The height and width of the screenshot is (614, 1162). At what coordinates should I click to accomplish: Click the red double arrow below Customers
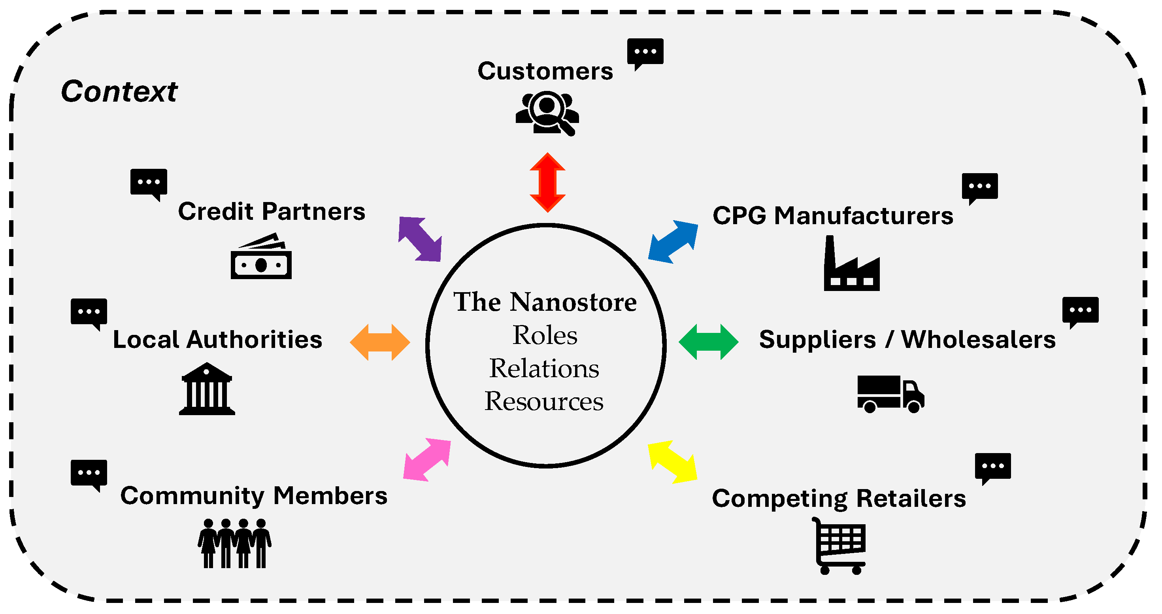coord(547,182)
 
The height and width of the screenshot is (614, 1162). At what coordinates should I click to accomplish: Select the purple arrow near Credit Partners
coord(419,239)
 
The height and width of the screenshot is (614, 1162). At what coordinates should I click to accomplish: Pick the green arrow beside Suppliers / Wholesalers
coord(708,342)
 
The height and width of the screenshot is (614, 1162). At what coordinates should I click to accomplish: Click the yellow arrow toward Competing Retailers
coord(672,461)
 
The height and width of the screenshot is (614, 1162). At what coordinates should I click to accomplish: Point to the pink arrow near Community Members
coord(427,459)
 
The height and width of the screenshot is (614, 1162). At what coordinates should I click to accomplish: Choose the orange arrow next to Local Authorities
coord(380,342)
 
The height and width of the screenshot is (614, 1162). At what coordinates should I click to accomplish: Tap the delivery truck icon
coord(890,393)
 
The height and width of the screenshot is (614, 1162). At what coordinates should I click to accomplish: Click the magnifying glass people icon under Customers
coord(547,113)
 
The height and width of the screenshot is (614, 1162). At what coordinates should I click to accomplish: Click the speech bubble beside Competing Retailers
coord(992,467)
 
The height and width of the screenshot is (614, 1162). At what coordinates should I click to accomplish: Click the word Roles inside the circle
coord(545,335)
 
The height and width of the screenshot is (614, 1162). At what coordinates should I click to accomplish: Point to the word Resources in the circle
coord(543,401)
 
